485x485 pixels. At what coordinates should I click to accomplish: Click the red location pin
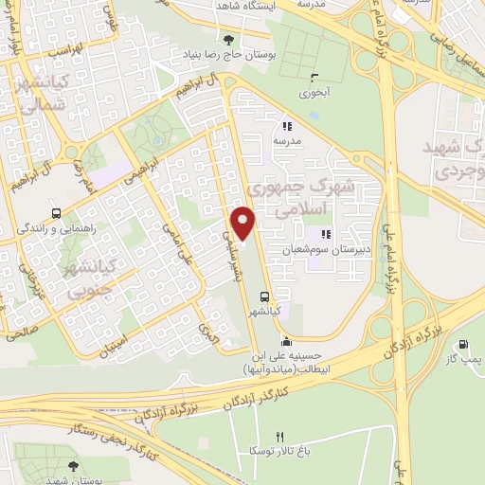coord(243,222)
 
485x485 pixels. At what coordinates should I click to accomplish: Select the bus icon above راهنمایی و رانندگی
coord(57,214)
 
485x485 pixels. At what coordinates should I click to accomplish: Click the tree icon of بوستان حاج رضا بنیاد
coord(227,39)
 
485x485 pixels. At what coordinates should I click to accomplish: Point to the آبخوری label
coord(313,94)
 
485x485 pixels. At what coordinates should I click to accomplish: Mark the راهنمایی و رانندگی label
coord(57,229)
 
